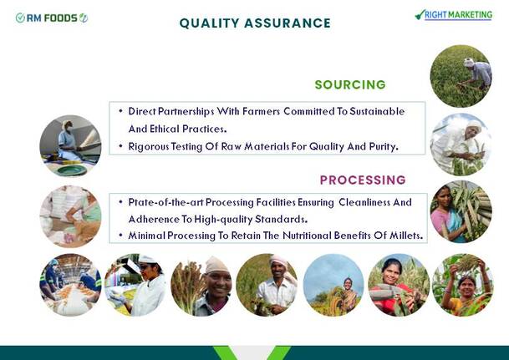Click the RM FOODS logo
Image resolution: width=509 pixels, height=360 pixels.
[x=52, y=18]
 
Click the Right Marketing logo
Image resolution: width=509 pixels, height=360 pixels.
[x=454, y=15]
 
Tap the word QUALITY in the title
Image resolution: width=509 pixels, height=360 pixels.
[x=210, y=23]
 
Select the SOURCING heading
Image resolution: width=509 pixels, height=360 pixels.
[x=350, y=84]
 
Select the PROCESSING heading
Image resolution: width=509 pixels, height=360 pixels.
[x=363, y=180]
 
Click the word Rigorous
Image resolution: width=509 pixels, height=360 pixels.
[x=149, y=147]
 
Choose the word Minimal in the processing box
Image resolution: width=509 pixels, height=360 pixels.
[x=147, y=236]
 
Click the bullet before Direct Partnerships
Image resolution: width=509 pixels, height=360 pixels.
[x=120, y=111]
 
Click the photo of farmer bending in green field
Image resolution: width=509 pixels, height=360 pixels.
[x=461, y=76]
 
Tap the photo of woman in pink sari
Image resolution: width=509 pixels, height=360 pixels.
[x=461, y=211]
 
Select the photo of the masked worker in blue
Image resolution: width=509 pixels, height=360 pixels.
[x=70, y=146]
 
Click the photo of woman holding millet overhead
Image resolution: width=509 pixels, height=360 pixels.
[x=463, y=285]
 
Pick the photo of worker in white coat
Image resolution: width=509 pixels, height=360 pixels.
[x=135, y=285]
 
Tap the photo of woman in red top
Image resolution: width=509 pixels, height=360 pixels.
[x=399, y=285]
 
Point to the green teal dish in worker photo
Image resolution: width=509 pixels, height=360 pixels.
[x=72, y=170]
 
